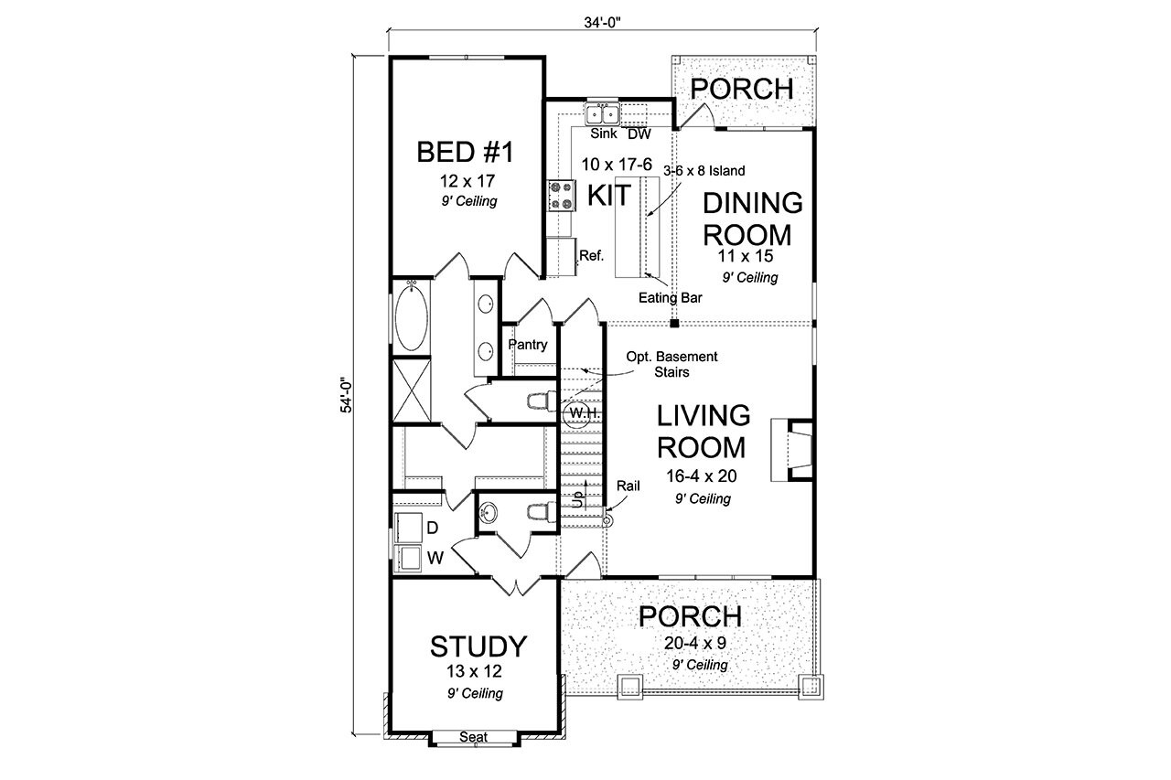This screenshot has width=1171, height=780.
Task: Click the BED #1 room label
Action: [465, 152]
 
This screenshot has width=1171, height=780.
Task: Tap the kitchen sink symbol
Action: [603, 113]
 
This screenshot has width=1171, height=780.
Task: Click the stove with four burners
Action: [560, 196]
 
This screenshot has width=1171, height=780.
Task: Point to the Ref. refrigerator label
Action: [591, 256]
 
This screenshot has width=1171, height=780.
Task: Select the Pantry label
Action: [528, 345]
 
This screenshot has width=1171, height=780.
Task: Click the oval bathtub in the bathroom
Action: [409, 317]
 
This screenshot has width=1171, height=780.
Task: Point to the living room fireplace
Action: [790, 449]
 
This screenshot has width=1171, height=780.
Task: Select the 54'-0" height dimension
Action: [347, 394]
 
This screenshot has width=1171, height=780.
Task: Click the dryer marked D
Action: [409, 528]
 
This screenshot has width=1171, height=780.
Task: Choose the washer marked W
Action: [409, 556]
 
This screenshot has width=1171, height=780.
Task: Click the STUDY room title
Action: [478, 646]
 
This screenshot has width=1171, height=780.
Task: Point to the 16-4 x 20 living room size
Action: [703, 475]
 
